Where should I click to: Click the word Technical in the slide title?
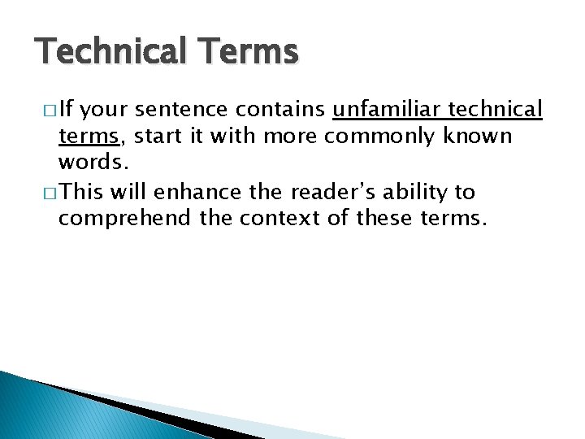[x=110, y=52]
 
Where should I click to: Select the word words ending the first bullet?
[x=92, y=163]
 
